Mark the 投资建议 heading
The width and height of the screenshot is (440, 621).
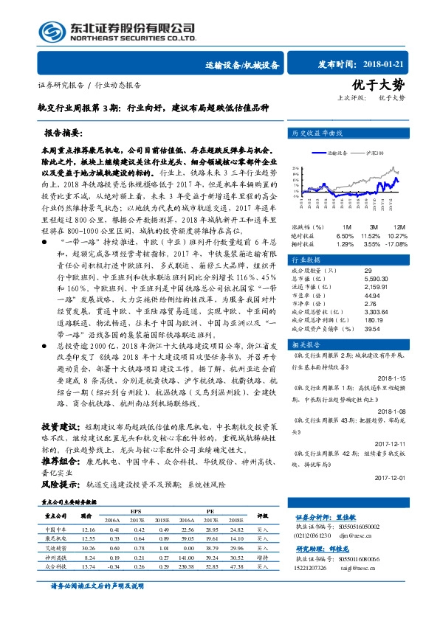tap(59, 448)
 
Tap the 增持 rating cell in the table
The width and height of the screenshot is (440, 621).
tap(262, 558)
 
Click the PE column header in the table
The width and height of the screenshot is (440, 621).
tap(210, 510)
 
